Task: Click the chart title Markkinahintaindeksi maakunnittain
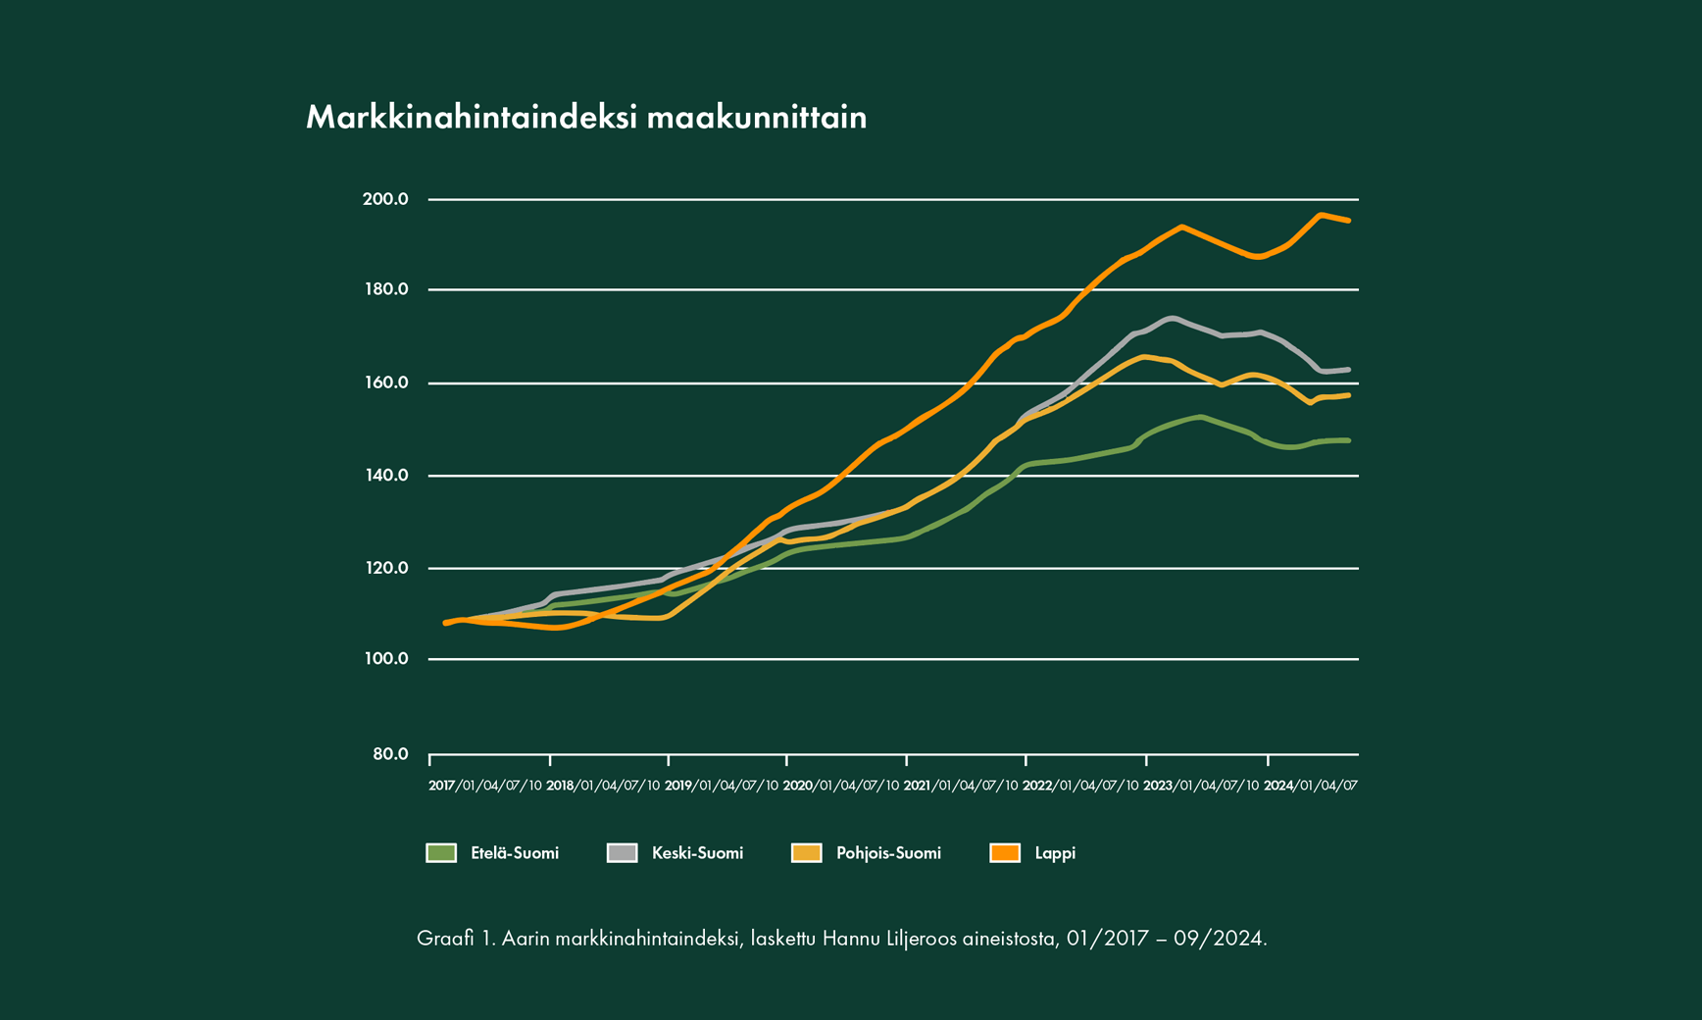pyautogui.click(x=586, y=118)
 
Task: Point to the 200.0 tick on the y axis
pyautogui.click(x=385, y=199)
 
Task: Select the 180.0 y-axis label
pyautogui.click(x=385, y=289)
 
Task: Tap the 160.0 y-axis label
pyautogui.click(x=385, y=382)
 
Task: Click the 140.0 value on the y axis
pyautogui.click(x=385, y=476)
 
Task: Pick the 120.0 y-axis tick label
pyautogui.click(x=385, y=568)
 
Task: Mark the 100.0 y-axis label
pyautogui.click(x=385, y=658)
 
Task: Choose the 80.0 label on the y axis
pyautogui.click(x=390, y=754)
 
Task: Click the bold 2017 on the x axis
pyautogui.click(x=441, y=786)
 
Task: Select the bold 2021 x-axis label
pyautogui.click(x=916, y=786)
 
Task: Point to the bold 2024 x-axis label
pyautogui.click(x=1277, y=786)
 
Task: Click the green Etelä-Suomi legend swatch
pyautogui.click(x=441, y=853)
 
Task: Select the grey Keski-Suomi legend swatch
pyautogui.click(x=623, y=853)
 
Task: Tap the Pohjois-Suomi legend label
pyautogui.click(x=888, y=853)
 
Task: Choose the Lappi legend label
pyautogui.click(x=1055, y=853)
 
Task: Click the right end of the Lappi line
pyautogui.click(x=1349, y=221)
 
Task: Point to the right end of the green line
pyautogui.click(x=1349, y=440)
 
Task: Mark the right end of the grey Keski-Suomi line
pyautogui.click(x=1349, y=370)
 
